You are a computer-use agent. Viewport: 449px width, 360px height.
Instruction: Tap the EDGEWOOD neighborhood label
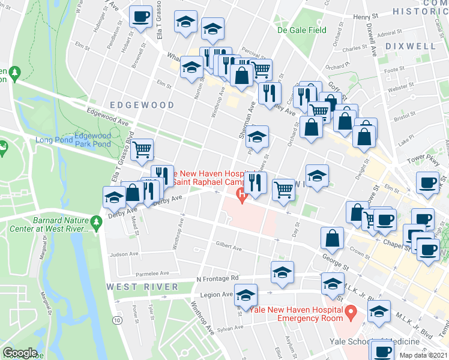(x=142, y=105)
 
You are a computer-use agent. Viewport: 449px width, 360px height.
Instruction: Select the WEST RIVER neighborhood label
(x=143, y=287)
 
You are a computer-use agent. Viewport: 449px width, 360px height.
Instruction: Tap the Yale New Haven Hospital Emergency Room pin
(x=354, y=312)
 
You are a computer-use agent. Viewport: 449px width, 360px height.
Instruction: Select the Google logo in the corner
(x=19, y=353)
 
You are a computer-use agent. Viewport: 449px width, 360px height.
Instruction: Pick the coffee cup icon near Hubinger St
(x=140, y=17)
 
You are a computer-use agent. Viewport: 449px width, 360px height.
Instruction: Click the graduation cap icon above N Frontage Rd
(x=282, y=272)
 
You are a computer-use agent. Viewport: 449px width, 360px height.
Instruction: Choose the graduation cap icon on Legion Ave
(x=246, y=295)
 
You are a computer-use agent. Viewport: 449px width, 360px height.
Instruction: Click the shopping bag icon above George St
(x=332, y=238)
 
